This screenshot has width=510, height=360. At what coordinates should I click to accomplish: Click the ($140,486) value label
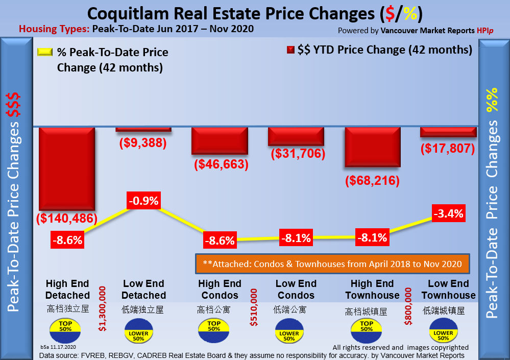[x=67, y=219]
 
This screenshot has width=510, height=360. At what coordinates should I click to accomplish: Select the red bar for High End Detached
[x=67, y=169]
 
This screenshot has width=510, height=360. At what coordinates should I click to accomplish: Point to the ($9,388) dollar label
[x=143, y=143]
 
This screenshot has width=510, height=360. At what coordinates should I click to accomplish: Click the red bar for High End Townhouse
[x=372, y=147]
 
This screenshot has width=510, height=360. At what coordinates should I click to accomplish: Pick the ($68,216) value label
[x=372, y=181]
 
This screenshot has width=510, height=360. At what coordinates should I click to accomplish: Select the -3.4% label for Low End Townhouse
[x=448, y=213]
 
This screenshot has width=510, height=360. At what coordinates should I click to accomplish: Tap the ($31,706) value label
[x=297, y=153]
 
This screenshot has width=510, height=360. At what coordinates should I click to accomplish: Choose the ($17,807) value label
[x=448, y=149]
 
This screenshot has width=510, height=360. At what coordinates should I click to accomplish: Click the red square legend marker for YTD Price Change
[x=291, y=50]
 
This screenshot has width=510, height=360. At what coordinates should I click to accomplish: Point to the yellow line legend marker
[x=45, y=52]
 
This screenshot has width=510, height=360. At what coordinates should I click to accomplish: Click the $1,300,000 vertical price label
[x=102, y=309]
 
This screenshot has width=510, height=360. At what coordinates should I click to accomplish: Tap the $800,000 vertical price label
[x=407, y=306]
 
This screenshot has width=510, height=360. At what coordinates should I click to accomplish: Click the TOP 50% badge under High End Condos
[x=214, y=326]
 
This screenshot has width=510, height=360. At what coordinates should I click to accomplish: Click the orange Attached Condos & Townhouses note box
[x=332, y=264]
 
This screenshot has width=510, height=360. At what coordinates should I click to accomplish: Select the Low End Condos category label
[x=296, y=290]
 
